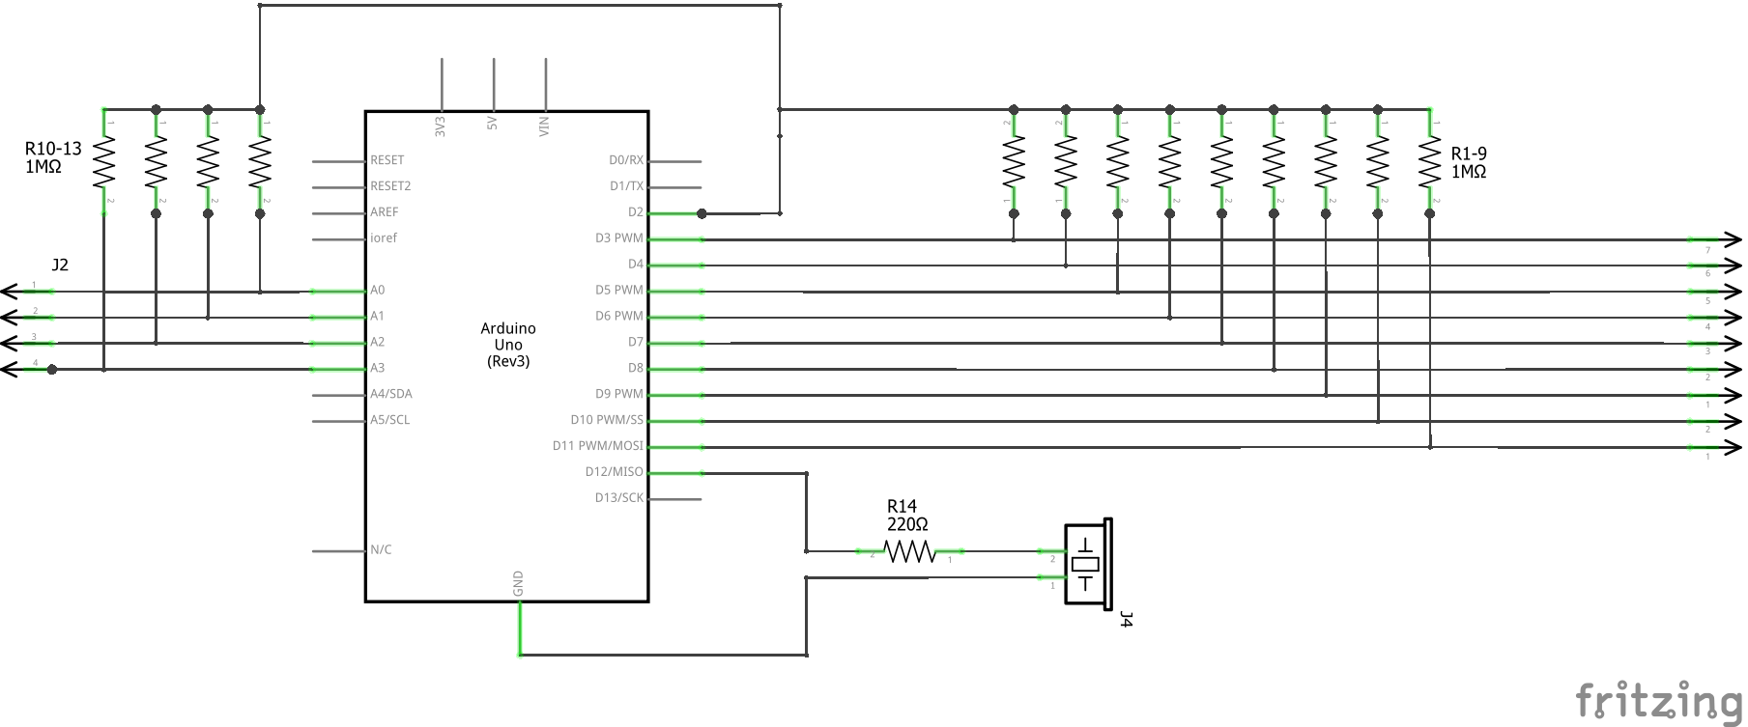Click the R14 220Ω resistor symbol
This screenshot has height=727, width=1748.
(x=909, y=551)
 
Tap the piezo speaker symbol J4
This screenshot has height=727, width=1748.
(x=1087, y=564)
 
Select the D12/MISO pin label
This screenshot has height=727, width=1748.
(x=614, y=472)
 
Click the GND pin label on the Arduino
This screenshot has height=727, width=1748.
(x=519, y=582)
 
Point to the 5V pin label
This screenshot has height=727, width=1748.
(x=493, y=124)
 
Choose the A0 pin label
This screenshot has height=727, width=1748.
(x=377, y=290)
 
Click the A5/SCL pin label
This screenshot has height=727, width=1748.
(x=390, y=420)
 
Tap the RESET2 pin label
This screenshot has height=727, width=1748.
(x=390, y=185)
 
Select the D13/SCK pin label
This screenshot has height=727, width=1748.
(x=618, y=498)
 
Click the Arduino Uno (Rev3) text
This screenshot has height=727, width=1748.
(x=508, y=345)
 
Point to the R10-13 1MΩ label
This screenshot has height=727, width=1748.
(x=53, y=157)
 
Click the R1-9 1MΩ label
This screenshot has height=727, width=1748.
(x=1469, y=162)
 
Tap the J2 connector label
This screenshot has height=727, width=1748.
(x=60, y=265)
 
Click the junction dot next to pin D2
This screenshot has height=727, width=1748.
(x=702, y=213)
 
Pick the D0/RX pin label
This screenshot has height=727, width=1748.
(x=625, y=160)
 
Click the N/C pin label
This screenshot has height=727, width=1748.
(x=381, y=550)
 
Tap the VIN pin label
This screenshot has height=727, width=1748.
(x=545, y=126)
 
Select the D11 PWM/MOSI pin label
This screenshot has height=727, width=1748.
(x=597, y=446)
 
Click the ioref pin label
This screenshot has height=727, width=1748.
(x=384, y=238)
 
